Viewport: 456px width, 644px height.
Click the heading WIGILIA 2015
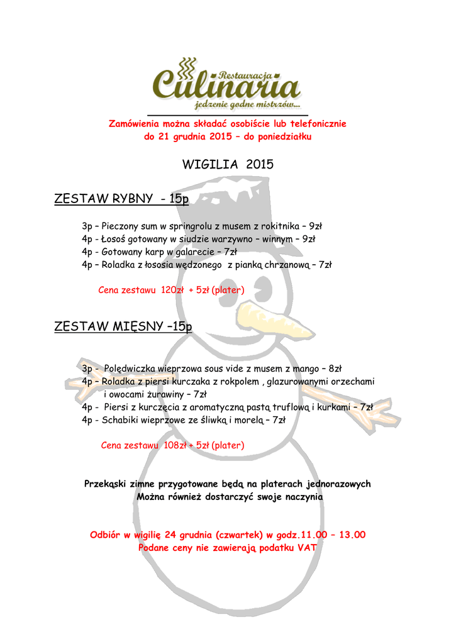(228, 165)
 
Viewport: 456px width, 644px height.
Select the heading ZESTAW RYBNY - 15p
(121, 199)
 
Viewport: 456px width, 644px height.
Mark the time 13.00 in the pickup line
(352, 535)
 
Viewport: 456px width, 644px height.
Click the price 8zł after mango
(335, 369)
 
